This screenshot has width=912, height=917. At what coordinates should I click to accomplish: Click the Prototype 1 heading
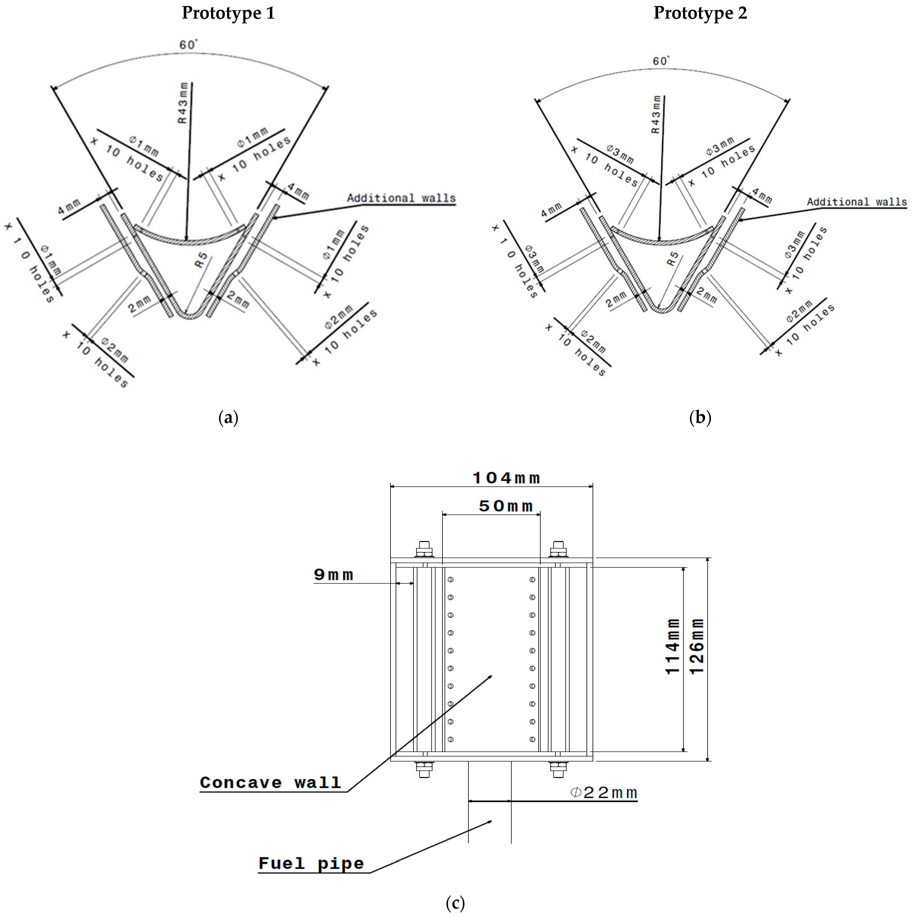(x=228, y=13)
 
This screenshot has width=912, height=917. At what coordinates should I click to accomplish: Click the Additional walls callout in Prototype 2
(x=856, y=202)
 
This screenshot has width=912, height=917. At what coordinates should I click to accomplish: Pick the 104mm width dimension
(x=506, y=478)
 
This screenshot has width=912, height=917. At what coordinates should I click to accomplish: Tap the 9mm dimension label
(x=334, y=575)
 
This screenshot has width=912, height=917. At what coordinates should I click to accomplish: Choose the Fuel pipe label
(x=311, y=863)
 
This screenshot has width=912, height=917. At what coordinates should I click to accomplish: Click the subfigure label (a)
(x=228, y=418)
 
